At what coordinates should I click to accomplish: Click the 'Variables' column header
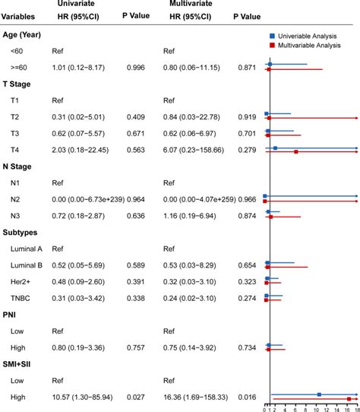click(21, 17)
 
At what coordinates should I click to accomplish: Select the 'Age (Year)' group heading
click(27, 35)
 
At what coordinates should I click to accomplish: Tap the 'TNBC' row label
click(21, 297)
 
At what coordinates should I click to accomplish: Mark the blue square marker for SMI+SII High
click(319, 394)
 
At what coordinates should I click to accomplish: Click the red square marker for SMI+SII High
click(349, 399)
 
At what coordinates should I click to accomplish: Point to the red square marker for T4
click(296, 153)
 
